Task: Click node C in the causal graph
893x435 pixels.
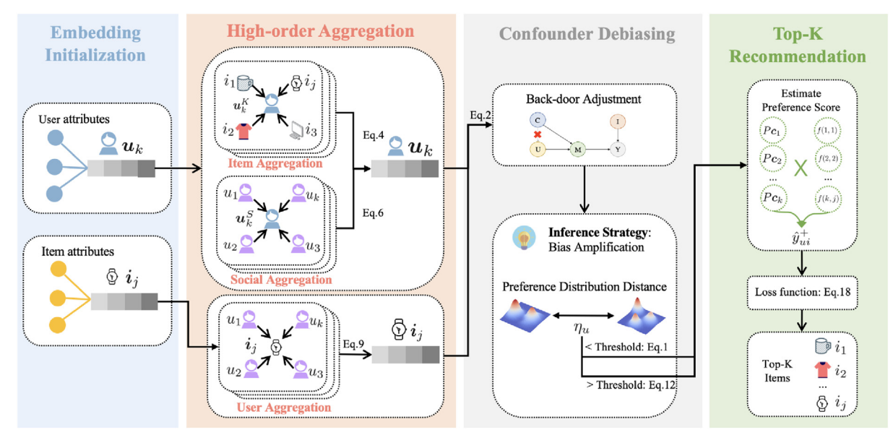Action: click(x=536, y=119)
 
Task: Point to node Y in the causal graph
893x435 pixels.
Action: click(x=618, y=150)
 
